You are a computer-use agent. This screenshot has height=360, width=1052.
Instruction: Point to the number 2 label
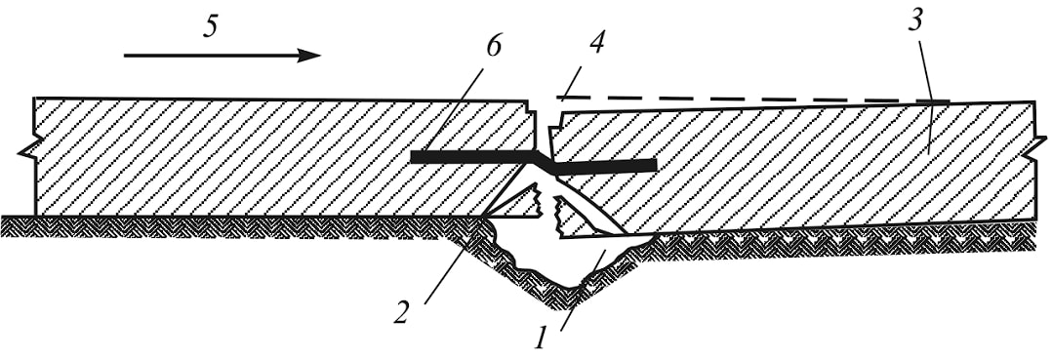click(400, 312)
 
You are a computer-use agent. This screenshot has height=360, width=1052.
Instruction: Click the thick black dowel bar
click(533, 162)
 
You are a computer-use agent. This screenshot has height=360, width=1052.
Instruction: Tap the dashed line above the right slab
click(752, 100)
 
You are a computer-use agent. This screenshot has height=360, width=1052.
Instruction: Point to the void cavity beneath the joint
click(577, 261)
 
